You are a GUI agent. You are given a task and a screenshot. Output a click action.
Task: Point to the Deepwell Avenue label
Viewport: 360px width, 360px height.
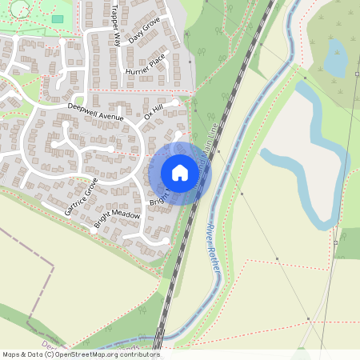95,111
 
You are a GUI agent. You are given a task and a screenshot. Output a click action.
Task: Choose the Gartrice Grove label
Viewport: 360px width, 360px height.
82,195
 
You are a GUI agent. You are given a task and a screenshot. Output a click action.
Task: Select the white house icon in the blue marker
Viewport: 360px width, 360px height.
180,172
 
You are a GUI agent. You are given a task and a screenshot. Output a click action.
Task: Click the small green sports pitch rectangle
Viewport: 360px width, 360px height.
57,18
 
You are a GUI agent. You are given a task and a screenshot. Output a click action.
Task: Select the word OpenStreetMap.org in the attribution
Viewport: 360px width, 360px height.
94,354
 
